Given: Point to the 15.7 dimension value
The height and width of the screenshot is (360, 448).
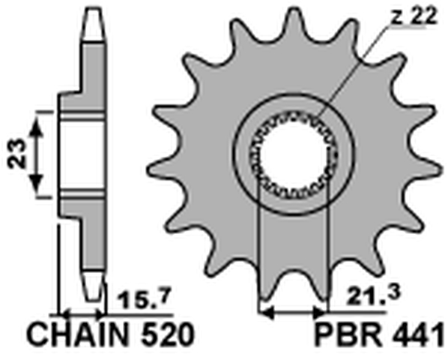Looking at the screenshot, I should [137, 301].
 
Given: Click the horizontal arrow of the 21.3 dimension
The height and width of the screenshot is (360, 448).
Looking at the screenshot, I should [293, 310].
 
